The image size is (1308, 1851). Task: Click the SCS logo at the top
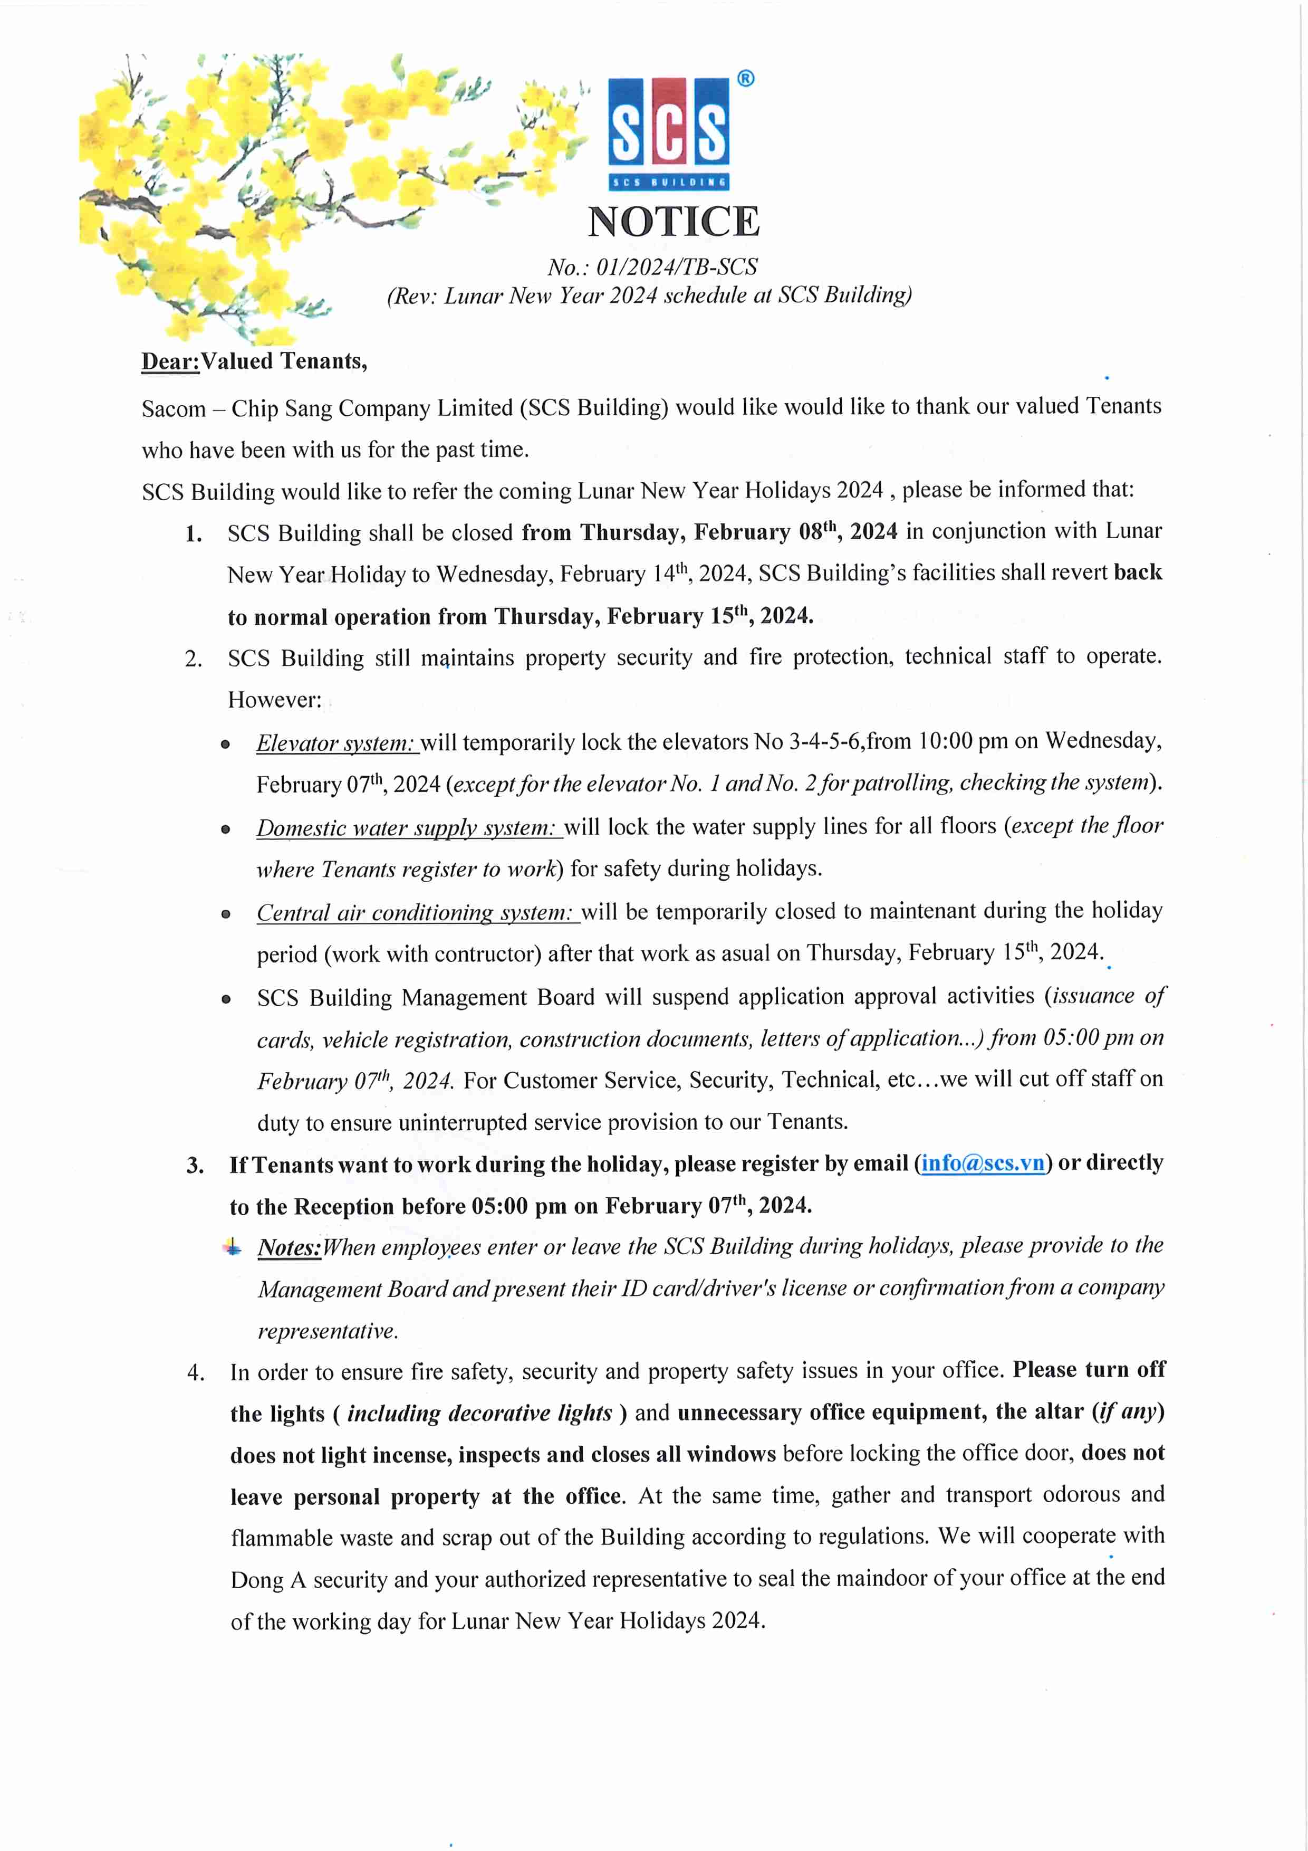[668, 131]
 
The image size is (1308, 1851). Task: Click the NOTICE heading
[673, 222]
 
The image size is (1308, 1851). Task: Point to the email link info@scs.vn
[983, 1163]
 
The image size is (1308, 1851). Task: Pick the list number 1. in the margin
[194, 533]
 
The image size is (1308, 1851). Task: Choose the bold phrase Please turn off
[1089, 1370]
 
